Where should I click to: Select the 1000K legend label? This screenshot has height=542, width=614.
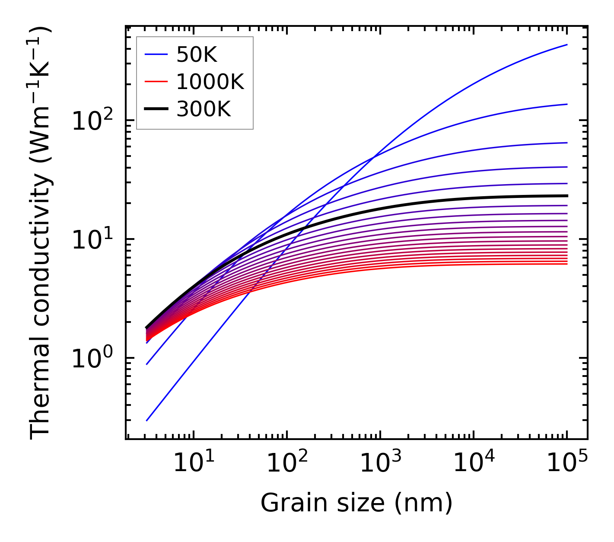point(210,82)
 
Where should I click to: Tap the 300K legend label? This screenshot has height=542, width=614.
point(204,109)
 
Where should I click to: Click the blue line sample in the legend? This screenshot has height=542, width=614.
point(156,54)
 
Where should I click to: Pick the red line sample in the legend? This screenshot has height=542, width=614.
point(156,82)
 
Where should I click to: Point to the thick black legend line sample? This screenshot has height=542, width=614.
point(156,109)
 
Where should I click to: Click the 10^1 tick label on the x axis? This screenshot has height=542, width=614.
point(194,465)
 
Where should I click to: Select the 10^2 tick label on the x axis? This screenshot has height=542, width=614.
point(287,465)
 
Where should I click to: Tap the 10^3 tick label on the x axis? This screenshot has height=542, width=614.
point(381,465)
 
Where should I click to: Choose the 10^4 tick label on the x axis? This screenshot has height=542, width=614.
point(474,465)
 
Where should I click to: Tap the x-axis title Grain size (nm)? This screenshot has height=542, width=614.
point(356,503)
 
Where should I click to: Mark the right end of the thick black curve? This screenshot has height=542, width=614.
point(567,196)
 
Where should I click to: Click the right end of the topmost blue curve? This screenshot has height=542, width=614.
point(567,45)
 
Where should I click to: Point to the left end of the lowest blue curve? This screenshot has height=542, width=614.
point(147,421)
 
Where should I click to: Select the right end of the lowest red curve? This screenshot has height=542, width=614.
point(567,264)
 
